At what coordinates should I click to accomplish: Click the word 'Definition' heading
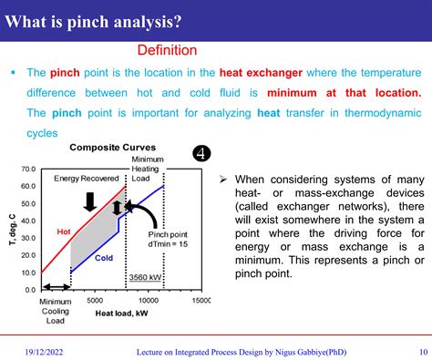(x=167, y=50)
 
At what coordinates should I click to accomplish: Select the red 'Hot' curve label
(x=64, y=231)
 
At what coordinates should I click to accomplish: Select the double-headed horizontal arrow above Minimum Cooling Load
(x=54, y=288)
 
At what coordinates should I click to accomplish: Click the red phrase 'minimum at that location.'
(x=345, y=93)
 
